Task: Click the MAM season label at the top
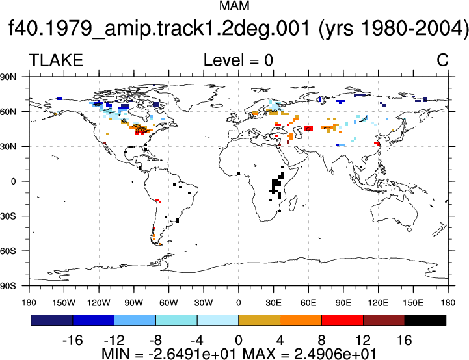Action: (234, 6)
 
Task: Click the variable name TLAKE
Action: (56, 60)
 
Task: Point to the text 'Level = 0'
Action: (238, 60)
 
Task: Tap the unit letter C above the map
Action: (442, 60)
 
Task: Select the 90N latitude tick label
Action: (8, 77)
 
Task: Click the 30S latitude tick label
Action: (8, 216)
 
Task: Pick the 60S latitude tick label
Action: (8, 251)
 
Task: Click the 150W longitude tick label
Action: (64, 303)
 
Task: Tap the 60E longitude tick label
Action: (308, 303)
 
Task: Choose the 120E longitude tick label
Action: (378, 303)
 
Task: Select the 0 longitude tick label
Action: (238, 303)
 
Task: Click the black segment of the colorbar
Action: (425, 320)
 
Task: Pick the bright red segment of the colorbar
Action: (342, 320)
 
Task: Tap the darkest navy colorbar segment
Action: (52, 320)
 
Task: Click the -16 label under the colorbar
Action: (72, 340)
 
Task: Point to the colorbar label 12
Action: (363, 340)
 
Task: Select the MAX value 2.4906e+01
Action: (335, 354)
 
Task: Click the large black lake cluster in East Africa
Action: (276, 185)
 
